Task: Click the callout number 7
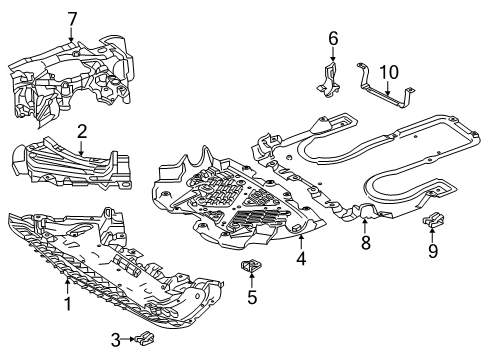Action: click(x=72, y=19)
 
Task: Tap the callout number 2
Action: click(x=82, y=132)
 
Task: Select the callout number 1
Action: click(x=68, y=304)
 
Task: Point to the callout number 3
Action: click(x=115, y=340)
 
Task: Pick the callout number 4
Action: click(x=301, y=259)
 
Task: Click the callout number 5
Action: click(x=252, y=297)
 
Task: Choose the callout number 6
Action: click(x=333, y=38)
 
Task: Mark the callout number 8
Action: click(x=366, y=243)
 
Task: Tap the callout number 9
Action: click(x=433, y=251)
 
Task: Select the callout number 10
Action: click(x=389, y=72)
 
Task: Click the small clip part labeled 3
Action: click(x=145, y=338)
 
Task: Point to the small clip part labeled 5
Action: click(x=251, y=266)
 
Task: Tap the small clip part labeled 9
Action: click(x=434, y=219)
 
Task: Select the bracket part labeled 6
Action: click(x=329, y=80)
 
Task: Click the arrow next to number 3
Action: click(x=128, y=339)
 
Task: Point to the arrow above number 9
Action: click(x=432, y=233)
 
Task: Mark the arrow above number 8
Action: click(x=365, y=225)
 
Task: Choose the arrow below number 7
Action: click(x=71, y=34)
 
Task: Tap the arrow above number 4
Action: click(x=301, y=242)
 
